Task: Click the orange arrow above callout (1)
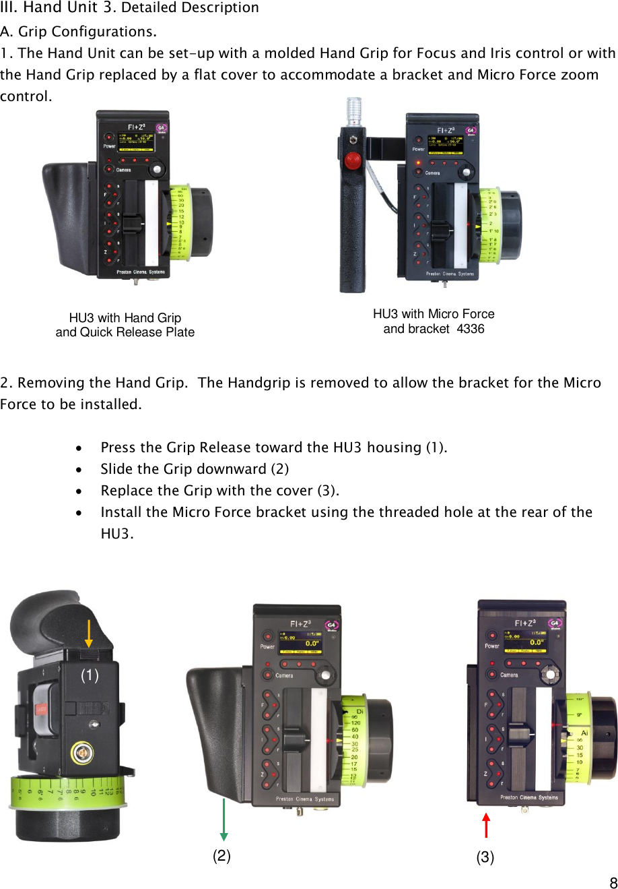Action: (89, 634)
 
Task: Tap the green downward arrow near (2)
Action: (224, 819)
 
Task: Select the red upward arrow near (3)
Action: (486, 825)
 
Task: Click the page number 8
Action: (613, 883)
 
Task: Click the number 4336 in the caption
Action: (471, 329)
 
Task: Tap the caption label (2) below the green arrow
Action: (221, 855)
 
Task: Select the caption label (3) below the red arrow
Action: (485, 857)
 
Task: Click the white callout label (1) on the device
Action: (90, 675)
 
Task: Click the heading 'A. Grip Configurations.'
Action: (79, 32)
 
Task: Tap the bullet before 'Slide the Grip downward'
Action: (79, 470)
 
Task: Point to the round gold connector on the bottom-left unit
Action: (82, 752)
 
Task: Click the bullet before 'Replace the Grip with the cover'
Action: (79, 491)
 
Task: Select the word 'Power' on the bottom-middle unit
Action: (267, 647)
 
